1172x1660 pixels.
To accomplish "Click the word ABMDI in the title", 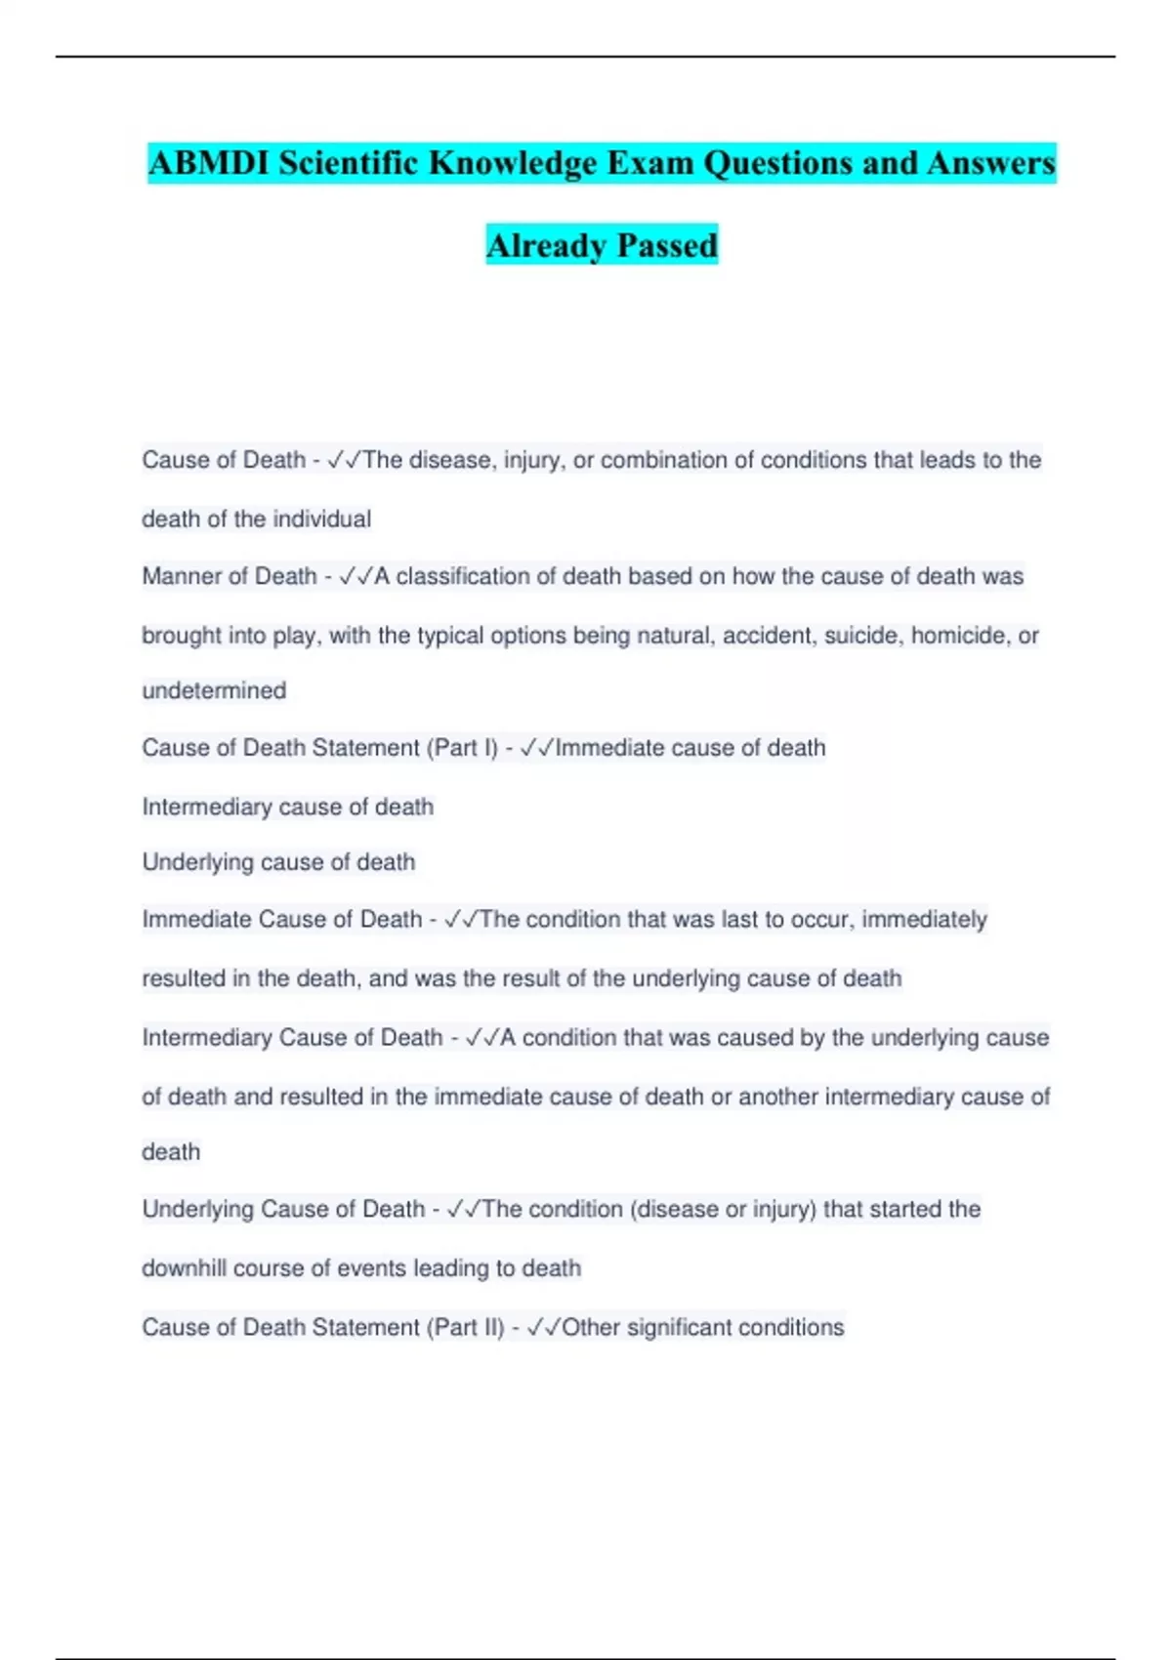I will [x=209, y=163].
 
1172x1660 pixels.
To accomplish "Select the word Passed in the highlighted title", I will [x=667, y=245].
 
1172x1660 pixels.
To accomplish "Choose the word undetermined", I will [x=214, y=691].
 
